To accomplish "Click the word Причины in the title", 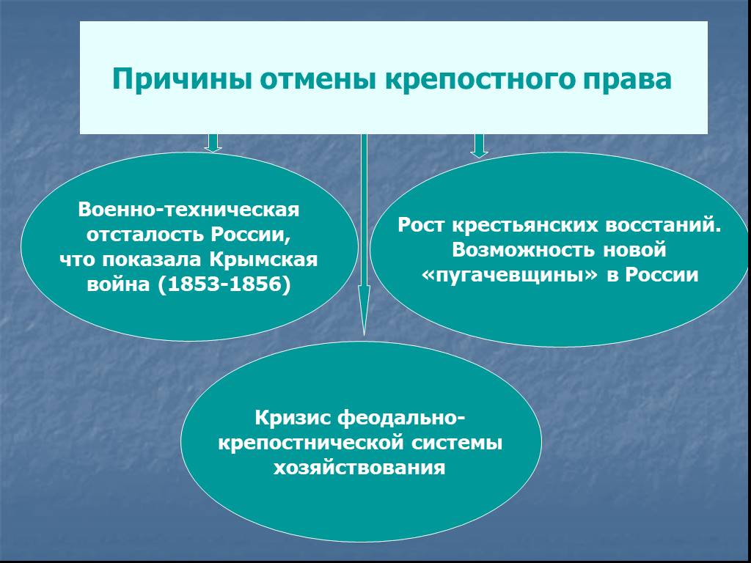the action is coord(183,79).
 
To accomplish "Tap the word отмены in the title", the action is coord(318,79).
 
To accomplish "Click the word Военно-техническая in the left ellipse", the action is coord(188,210).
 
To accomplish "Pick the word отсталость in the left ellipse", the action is coord(144,235).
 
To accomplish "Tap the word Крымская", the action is coord(263,260).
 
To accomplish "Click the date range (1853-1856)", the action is coord(224,284).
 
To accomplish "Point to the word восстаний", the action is coord(663,224).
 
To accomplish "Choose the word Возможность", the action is coord(524,250).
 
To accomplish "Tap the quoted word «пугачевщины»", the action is coord(510,276).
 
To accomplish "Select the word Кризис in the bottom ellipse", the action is coord(293,418).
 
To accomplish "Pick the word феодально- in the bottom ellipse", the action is coord(401,418).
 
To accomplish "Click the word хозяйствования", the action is coord(359,467).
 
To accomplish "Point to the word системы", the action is coord(457,443).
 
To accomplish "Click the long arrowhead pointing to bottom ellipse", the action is coord(364,310).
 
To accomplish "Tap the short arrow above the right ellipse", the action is coord(479,146).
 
